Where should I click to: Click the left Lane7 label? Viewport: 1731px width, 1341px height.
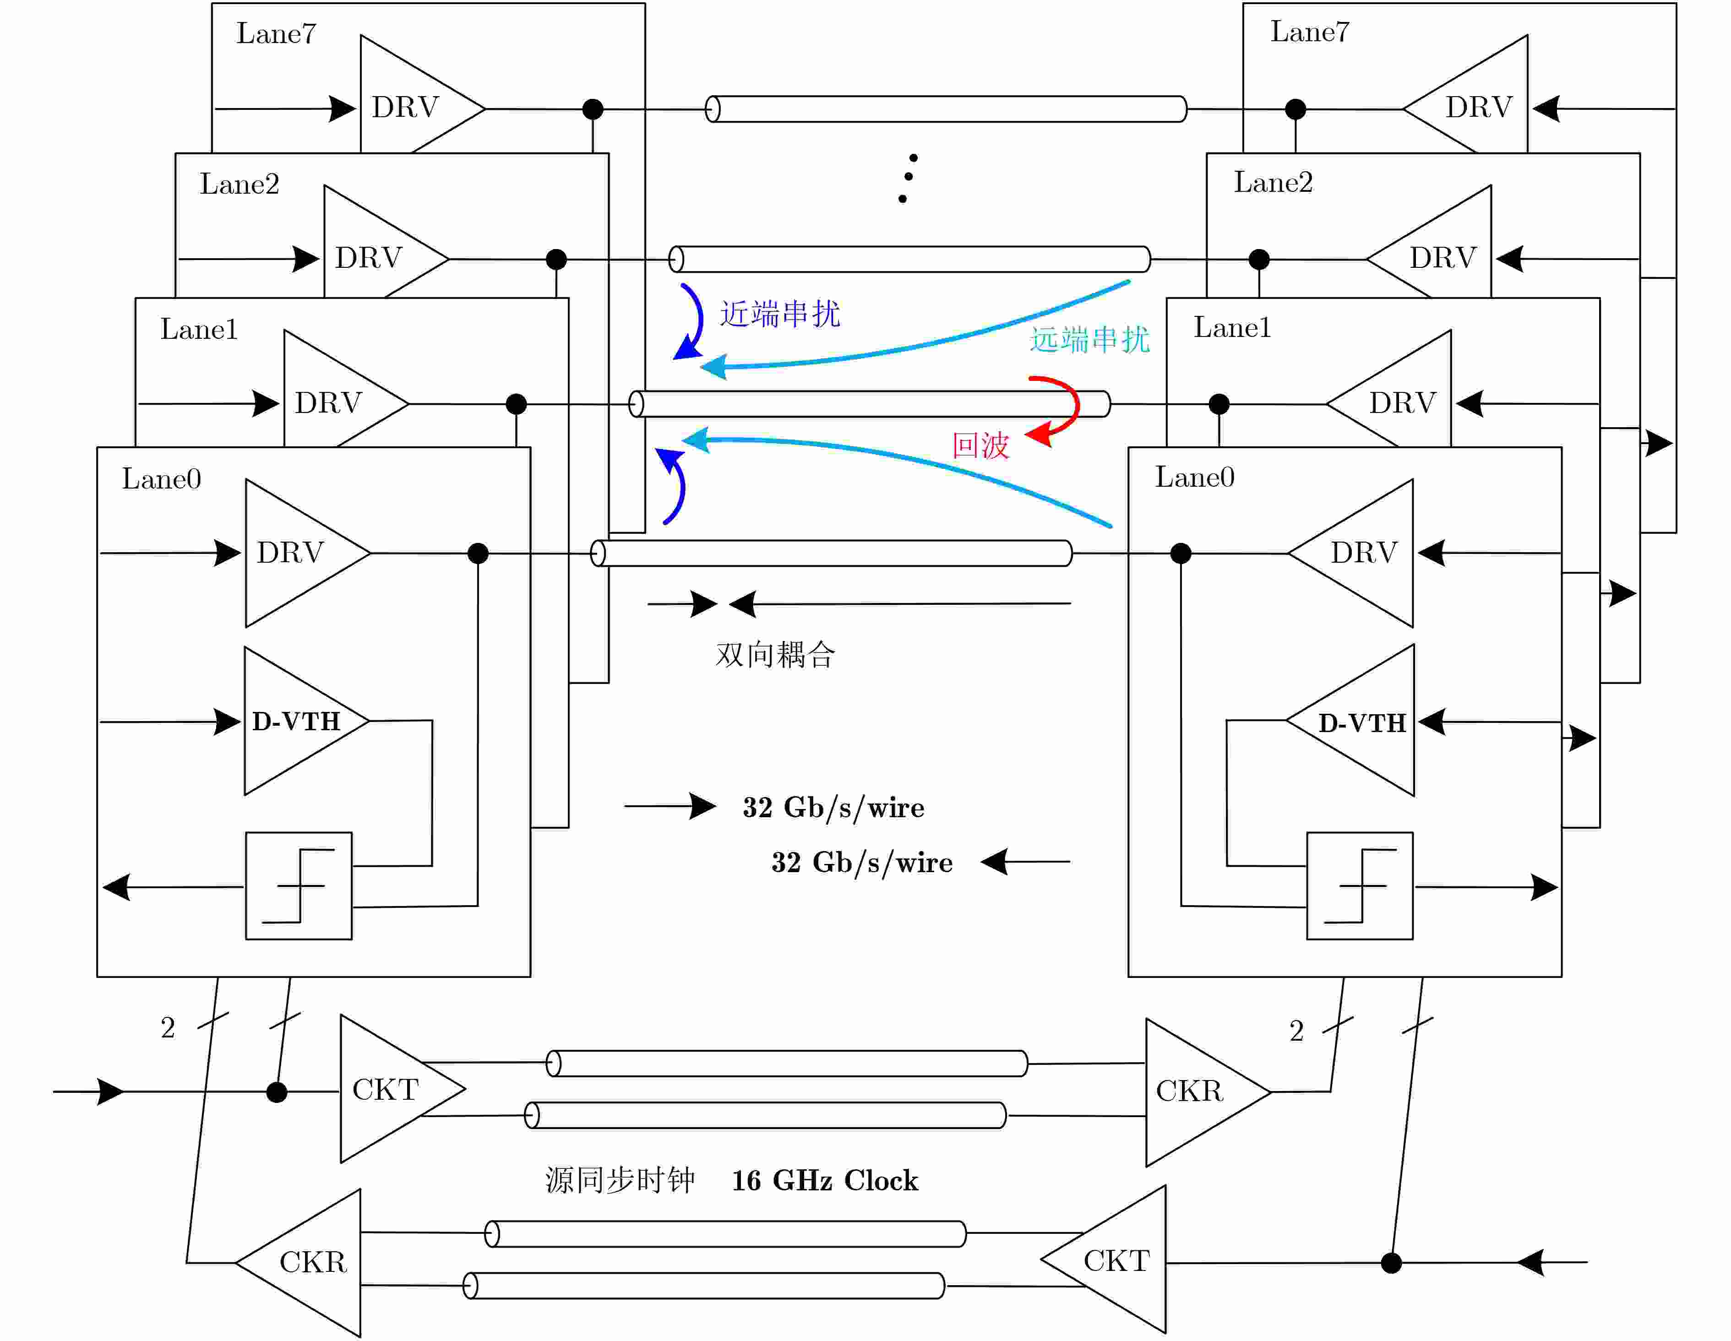276,33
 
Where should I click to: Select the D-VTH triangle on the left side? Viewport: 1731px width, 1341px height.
307,721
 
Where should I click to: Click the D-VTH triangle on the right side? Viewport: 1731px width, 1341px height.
1350,721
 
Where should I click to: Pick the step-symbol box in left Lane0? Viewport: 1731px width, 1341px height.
299,886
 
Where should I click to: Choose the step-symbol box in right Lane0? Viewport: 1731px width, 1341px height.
1360,886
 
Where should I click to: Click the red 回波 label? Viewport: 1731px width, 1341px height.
980,445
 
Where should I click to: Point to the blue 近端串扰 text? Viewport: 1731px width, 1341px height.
780,314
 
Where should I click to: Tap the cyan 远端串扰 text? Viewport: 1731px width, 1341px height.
1090,339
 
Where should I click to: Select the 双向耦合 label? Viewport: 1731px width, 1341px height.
775,655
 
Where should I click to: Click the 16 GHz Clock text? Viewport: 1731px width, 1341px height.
825,1181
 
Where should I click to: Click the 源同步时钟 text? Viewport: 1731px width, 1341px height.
620,1181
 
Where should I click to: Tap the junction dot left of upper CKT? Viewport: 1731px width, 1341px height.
277,1092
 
